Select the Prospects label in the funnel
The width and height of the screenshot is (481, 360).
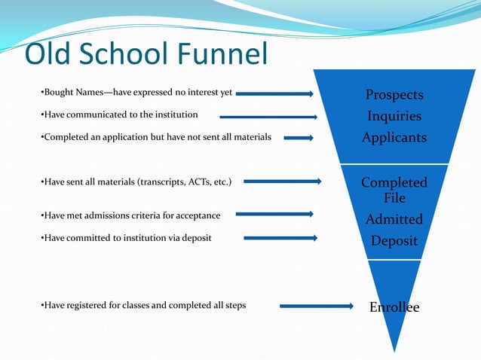click(394, 95)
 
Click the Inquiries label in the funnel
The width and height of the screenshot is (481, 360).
click(394, 116)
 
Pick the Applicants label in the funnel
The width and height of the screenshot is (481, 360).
click(394, 137)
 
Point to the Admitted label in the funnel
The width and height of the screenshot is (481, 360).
click(394, 219)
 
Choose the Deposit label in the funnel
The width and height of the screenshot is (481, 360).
click(394, 240)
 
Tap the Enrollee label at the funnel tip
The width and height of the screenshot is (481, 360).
click(394, 307)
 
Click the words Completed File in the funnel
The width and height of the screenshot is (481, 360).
click(394, 190)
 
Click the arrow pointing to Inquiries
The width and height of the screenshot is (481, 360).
click(269, 116)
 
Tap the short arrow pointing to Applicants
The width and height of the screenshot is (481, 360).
click(299, 138)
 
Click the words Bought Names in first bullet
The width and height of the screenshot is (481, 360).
click(67, 93)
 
